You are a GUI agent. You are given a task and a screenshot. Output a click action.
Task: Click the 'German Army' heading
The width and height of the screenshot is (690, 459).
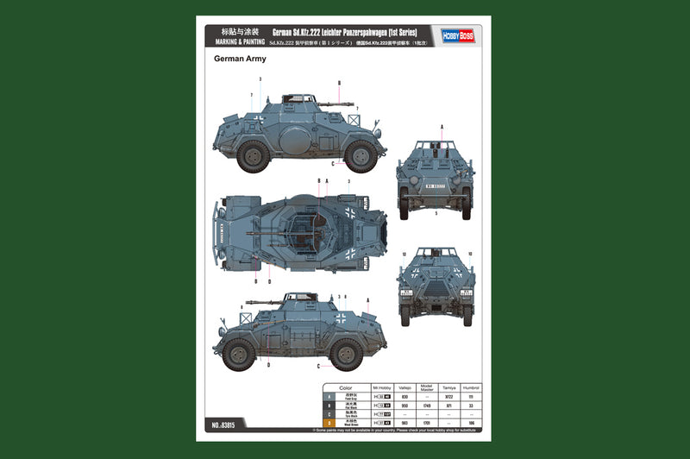click(240, 60)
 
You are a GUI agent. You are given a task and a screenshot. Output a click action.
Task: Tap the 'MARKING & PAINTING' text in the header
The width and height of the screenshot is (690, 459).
click(235, 41)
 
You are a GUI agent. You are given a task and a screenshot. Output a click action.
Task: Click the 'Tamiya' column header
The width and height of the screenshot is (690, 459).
click(448, 389)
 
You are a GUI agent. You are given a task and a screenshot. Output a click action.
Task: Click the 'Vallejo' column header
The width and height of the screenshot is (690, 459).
click(404, 389)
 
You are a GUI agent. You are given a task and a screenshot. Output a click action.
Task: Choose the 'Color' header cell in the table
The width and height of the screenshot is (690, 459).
click(345, 389)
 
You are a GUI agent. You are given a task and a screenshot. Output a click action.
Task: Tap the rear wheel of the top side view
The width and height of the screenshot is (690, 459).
click(254, 156)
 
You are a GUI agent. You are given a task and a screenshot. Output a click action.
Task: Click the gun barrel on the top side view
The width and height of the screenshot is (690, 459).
click(323, 103)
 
